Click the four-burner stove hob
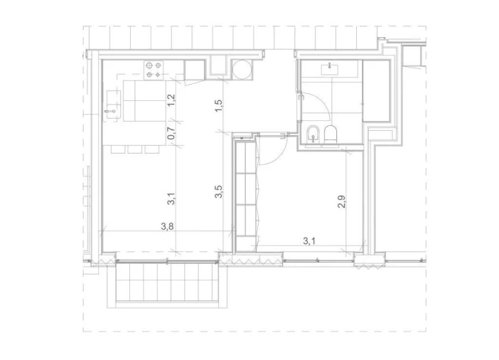tap(153, 68)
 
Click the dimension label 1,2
tap(171, 100)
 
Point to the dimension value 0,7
tap(171, 132)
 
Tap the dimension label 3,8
tap(167, 227)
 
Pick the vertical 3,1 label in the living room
tap(171, 200)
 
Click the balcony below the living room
tap(163, 283)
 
